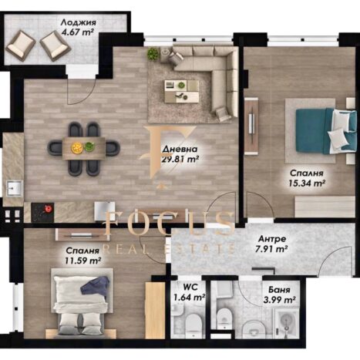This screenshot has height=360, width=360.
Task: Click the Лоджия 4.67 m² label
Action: (x=78, y=27)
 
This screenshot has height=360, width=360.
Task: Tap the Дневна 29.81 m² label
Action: (x=180, y=154)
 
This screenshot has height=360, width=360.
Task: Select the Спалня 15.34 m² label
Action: (x=307, y=178)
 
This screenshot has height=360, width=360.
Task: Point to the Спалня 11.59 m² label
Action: (x=82, y=256)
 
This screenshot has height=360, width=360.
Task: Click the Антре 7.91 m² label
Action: (x=272, y=244)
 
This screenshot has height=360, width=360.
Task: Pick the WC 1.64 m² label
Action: (x=190, y=292)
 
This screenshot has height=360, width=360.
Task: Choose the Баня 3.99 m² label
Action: (x=279, y=294)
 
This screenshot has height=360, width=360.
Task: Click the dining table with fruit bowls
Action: (x=84, y=148)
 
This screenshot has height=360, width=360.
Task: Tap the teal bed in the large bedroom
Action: (x=326, y=131)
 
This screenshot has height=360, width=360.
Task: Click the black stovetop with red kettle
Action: (x=42, y=212)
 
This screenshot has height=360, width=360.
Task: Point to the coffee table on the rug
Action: (x=182, y=91)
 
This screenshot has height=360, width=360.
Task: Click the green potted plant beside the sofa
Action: (x=153, y=54)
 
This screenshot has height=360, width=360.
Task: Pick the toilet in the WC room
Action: (x=192, y=325)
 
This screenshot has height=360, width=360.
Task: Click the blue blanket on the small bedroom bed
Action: (x=96, y=284)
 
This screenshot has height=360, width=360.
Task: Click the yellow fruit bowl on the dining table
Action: (x=76, y=148)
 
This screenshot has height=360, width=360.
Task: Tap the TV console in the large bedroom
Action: (x=251, y=126)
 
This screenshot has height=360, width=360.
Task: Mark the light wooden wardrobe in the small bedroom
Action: (x=155, y=310)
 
